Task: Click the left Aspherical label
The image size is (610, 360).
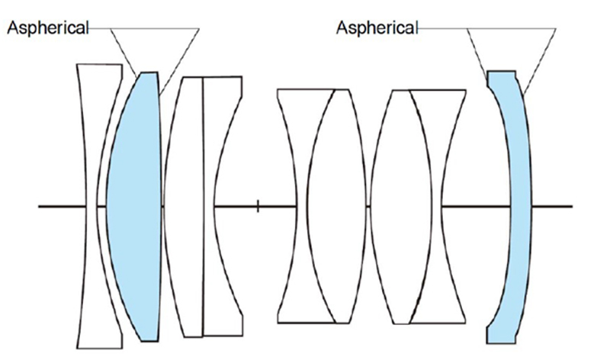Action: click(x=47, y=28)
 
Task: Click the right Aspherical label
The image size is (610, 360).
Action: click(x=377, y=28)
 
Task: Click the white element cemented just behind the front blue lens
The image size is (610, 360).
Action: click(x=186, y=206)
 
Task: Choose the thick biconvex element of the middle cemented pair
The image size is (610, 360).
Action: click(x=335, y=206)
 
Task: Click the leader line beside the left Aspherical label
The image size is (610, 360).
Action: click(x=99, y=28)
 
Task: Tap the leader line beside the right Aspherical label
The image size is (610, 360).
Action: click(x=442, y=28)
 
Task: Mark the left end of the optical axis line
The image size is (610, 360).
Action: click(x=40, y=206)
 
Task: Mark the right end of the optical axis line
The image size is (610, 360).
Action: click(x=570, y=206)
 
